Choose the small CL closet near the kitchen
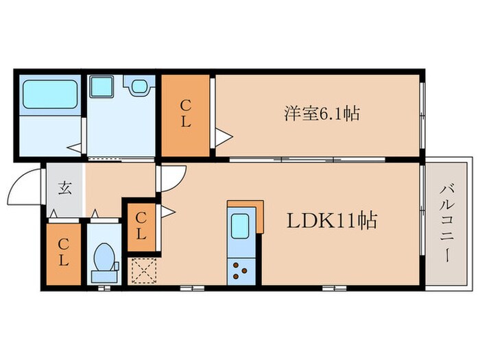click(x=141, y=227)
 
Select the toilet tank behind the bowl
click(x=104, y=276)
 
